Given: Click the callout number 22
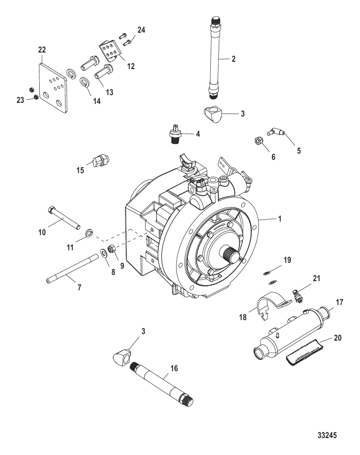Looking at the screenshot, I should (x=42, y=50).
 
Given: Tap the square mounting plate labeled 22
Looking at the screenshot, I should (x=54, y=88).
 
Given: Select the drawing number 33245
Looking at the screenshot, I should (x=327, y=436).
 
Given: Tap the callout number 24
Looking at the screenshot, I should (x=141, y=30).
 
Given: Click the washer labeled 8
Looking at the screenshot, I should (x=104, y=253).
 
